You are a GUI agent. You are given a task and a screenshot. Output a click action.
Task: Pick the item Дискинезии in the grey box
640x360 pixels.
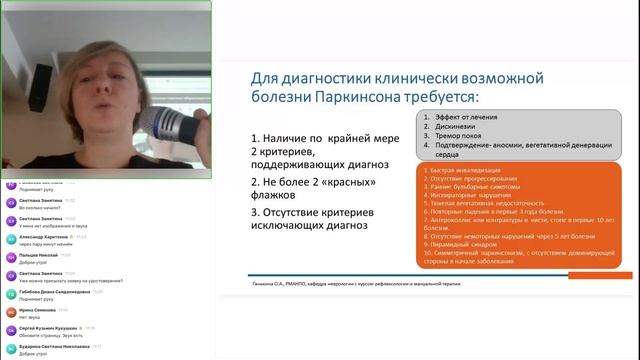pyautogui.click(x=456, y=128)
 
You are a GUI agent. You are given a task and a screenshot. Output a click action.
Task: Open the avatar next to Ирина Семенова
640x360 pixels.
pyautogui.click(x=10, y=313)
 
